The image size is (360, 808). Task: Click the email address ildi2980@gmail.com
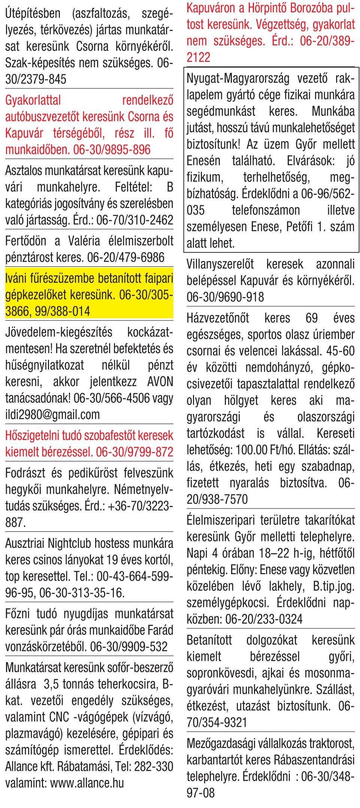click(52, 414)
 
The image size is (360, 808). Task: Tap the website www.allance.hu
click(87, 783)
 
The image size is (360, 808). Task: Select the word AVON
click(160, 382)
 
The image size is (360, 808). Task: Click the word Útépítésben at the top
click(33, 13)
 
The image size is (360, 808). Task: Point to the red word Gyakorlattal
click(33, 100)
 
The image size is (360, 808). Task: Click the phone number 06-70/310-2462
click(134, 220)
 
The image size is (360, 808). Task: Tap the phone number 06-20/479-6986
click(125, 257)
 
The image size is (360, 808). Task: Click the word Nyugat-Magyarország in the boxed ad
click(238, 79)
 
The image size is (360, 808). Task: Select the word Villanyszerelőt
click(220, 264)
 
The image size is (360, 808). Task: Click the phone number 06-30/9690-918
click(225, 297)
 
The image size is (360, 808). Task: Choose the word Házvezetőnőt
click(218, 318)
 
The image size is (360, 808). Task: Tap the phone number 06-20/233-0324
click(264, 619)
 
